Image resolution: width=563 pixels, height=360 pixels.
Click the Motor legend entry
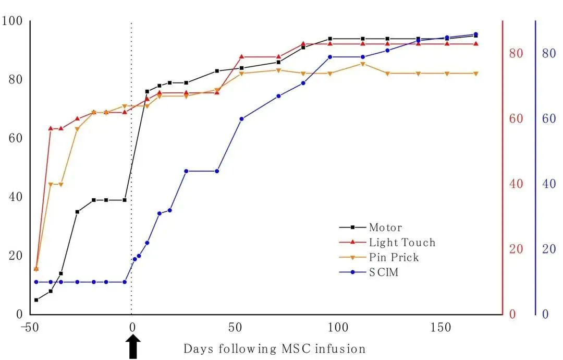pos(385,227)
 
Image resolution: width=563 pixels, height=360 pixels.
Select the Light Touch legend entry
pos(401,243)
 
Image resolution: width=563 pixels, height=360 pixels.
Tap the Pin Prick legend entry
pos(394,258)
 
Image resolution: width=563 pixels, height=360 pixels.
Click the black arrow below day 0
pos(133,346)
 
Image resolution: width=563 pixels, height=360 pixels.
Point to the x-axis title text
pos(274,349)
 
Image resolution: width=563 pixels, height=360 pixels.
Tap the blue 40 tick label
pos(548,184)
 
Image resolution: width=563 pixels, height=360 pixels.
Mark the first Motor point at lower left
pos(36,300)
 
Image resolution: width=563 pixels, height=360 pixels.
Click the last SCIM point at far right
pos(475,34)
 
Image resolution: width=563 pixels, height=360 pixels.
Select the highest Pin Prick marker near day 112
pos(362,64)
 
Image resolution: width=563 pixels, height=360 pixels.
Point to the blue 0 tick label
pos(546,315)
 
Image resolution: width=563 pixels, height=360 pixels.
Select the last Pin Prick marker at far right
pos(475,74)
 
